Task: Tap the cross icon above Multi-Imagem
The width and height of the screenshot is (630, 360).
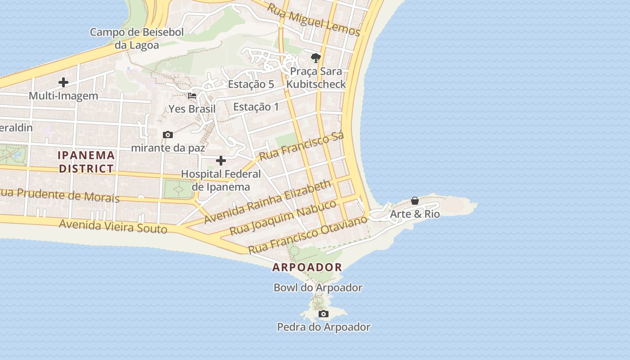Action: (63, 82)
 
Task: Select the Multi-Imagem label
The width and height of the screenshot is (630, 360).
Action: (63, 96)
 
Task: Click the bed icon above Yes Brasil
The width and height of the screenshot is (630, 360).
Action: (192, 96)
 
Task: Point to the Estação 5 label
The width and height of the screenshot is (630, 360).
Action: (251, 84)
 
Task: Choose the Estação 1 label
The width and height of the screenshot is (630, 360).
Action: (256, 107)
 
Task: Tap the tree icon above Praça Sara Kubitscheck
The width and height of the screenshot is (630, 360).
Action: (316, 58)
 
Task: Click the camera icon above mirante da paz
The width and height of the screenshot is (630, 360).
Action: (168, 135)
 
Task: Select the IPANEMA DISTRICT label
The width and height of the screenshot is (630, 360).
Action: (86, 162)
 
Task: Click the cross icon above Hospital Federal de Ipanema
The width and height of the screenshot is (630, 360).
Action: (221, 161)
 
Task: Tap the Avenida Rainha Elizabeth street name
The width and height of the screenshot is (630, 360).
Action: (267, 202)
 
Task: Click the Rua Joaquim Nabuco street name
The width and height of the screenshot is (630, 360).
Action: (283, 218)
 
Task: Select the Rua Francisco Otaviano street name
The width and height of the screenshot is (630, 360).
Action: (308, 234)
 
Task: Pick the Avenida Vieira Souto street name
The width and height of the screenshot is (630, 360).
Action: (113, 226)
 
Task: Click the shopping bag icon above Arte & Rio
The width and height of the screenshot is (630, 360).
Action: (415, 201)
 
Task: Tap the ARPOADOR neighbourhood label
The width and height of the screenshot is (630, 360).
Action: (307, 267)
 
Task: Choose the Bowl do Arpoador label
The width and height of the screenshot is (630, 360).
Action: (318, 288)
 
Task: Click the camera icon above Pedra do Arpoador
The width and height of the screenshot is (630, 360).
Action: (324, 314)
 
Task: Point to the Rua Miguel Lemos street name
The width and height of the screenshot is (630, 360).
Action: (314, 20)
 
